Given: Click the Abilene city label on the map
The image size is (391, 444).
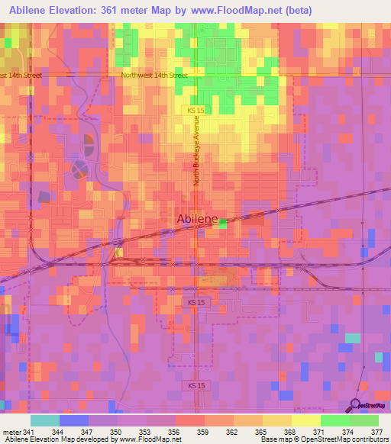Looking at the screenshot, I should [x=197, y=219].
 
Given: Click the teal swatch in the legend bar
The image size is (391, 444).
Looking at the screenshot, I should [x=44, y=420].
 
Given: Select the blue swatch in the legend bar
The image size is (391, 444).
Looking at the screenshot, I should [x=73, y=420].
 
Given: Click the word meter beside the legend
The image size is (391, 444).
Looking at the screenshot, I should [x=10, y=431].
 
